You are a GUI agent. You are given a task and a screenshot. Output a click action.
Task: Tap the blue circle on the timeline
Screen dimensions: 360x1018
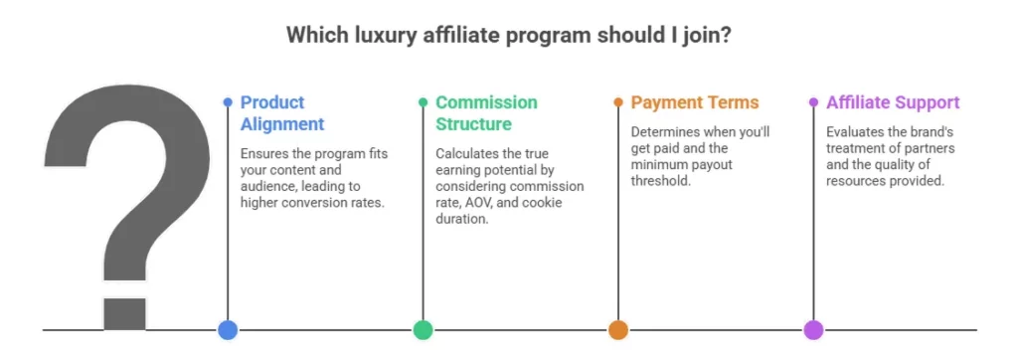[228, 330]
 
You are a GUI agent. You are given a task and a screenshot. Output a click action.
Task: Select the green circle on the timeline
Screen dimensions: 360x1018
[423, 330]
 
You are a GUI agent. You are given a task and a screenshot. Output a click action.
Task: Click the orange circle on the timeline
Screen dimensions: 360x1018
[618, 330]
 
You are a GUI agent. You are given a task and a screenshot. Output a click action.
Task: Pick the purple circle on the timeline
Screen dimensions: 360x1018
[813, 330]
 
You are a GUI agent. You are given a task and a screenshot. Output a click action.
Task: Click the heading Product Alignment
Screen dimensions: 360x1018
[282, 113]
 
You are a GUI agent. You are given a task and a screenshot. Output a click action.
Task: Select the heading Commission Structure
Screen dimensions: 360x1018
[486, 113]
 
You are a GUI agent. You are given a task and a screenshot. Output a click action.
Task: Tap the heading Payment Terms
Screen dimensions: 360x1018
[695, 102]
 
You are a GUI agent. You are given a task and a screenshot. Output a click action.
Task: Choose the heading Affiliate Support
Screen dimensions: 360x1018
[893, 102]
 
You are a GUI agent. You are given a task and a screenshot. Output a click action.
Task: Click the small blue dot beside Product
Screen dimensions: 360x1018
[228, 102]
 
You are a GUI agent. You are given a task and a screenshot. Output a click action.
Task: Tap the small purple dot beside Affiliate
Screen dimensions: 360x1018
[813, 102]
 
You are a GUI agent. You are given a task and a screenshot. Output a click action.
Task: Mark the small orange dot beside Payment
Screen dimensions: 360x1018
[618, 102]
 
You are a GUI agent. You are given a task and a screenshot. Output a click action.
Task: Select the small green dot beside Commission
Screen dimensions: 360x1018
[423, 102]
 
